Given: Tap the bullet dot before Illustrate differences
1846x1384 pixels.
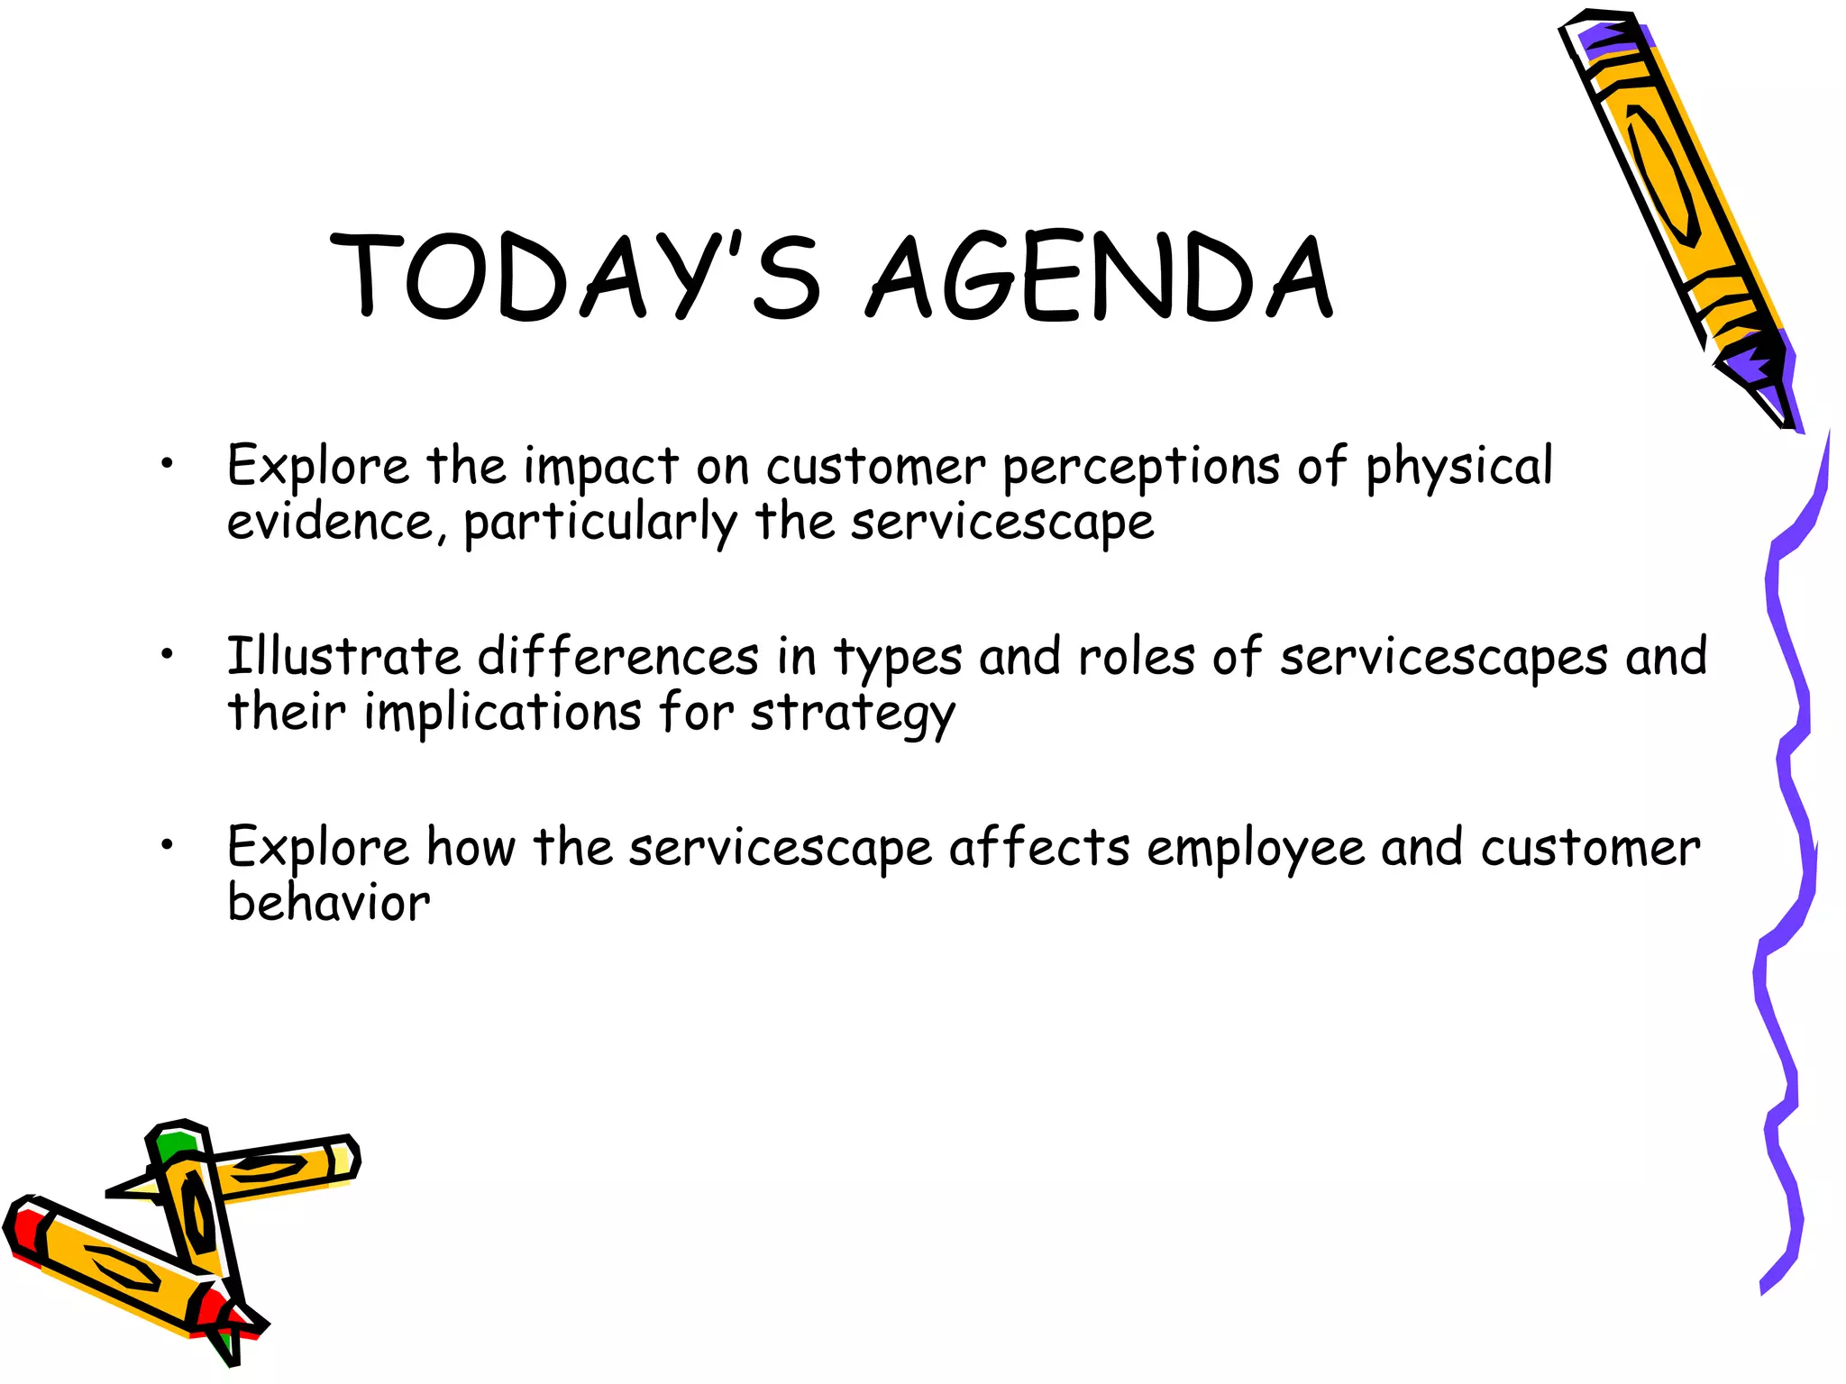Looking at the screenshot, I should [x=167, y=655].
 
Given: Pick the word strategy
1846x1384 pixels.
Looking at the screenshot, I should [x=852, y=715].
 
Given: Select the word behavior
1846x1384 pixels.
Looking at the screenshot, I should [x=329, y=903].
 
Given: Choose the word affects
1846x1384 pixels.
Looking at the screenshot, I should [x=1038, y=848].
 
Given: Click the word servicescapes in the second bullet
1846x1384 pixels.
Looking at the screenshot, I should [x=1443, y=658].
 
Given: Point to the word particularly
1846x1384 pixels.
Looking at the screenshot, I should [x=600, y=524].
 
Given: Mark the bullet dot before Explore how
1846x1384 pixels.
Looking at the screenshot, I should [x=167, y=845].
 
